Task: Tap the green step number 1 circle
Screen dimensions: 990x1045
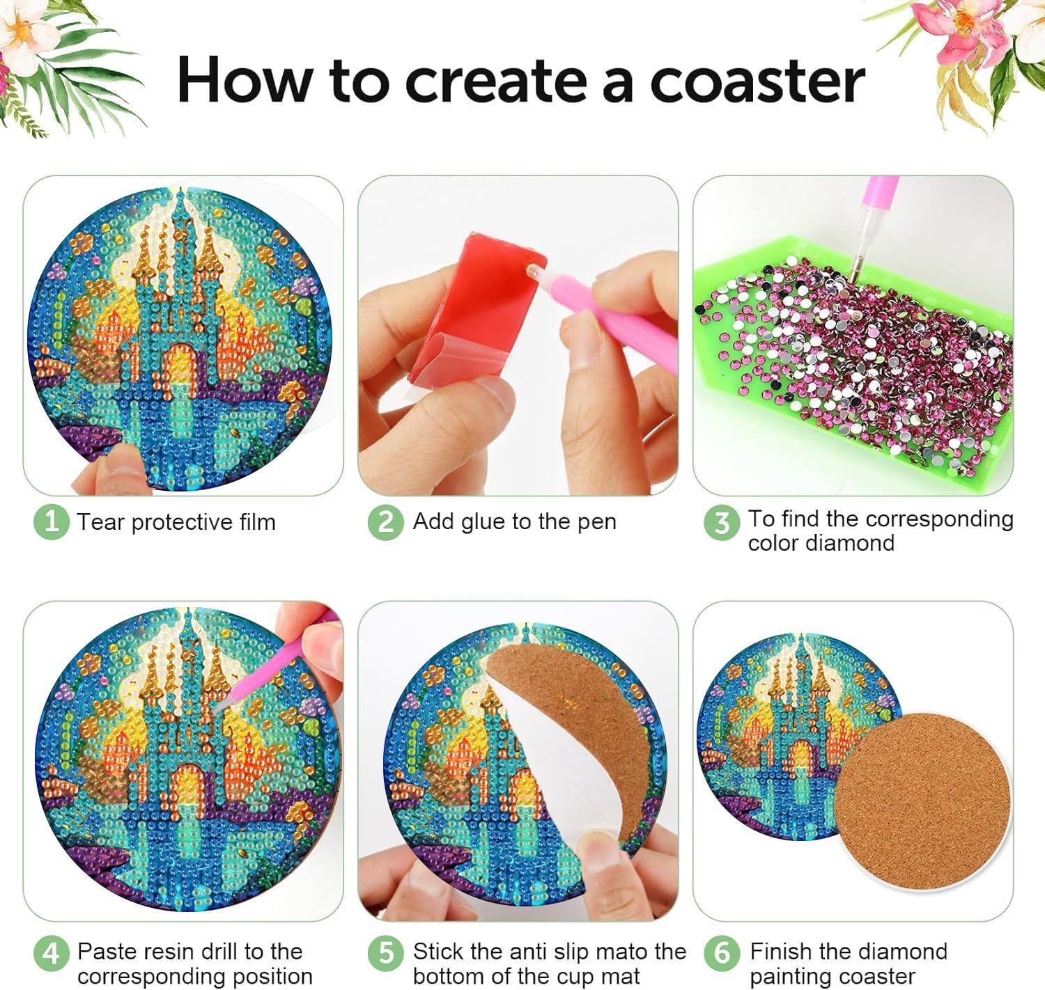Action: (52, 522)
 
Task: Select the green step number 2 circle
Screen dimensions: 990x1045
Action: (385, 522)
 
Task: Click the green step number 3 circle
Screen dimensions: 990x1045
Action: (722, 523)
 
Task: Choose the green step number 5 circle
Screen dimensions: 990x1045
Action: (385, 953)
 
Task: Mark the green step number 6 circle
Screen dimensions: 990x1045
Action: (722, 953)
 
